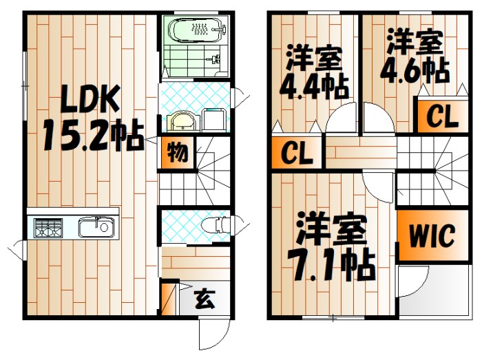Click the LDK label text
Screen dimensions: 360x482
(x=91, y=100)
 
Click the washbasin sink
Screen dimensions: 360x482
(x=182, y=122)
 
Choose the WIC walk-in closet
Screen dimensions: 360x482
(x=432, y=236)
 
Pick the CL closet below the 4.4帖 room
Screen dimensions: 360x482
(x=296, y=153)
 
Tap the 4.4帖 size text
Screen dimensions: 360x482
(x=313, y=87)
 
